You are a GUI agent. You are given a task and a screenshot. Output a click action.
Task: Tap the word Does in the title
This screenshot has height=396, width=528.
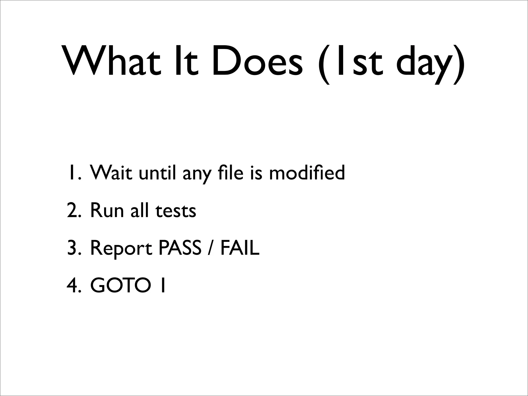point(257,62)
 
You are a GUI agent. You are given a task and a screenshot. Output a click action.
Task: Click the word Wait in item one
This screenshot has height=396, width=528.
point(111,173)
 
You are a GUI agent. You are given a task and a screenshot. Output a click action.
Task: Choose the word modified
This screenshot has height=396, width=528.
point(307,173)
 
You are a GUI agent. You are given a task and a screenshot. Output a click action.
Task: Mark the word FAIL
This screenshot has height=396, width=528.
point(240,248)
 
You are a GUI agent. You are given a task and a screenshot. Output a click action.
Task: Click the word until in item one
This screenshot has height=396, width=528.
point(157,173)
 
